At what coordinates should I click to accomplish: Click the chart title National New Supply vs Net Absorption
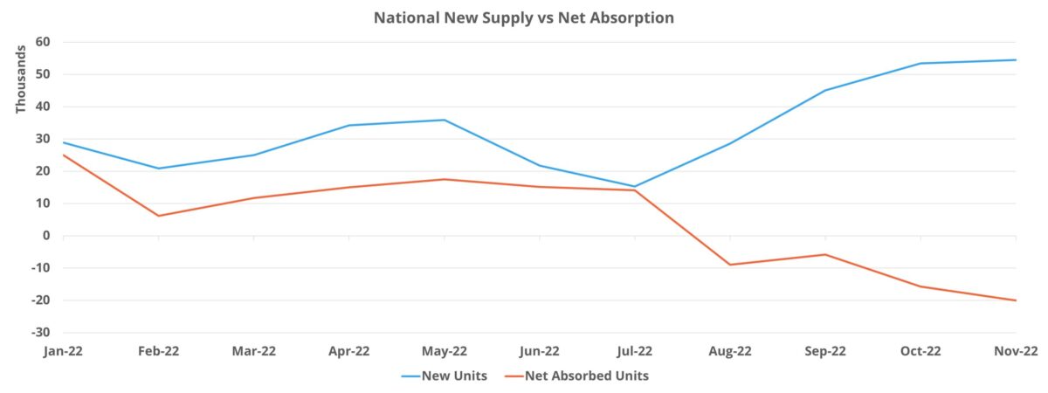(524, 17)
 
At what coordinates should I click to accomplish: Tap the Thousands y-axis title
(21, 78)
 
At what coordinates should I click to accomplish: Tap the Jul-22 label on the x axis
(634, 352)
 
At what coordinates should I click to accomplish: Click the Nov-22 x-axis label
(1015, 352)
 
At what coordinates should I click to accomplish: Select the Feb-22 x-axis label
(158, 352)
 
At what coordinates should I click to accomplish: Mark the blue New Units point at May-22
(445, 120)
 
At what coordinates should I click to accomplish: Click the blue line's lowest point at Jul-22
(635, 186)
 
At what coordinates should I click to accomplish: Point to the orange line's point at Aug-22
(730, 265)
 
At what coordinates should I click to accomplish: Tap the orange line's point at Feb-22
(158, 216)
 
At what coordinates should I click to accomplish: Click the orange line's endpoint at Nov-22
(1016, 300)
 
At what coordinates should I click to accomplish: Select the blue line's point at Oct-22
(920, 63)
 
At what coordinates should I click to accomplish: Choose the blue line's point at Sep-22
(825, 90)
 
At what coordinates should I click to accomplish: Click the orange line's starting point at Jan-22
(63, 155)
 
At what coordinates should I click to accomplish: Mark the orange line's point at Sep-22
(825, 254)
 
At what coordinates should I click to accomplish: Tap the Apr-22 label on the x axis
(348, 352)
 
